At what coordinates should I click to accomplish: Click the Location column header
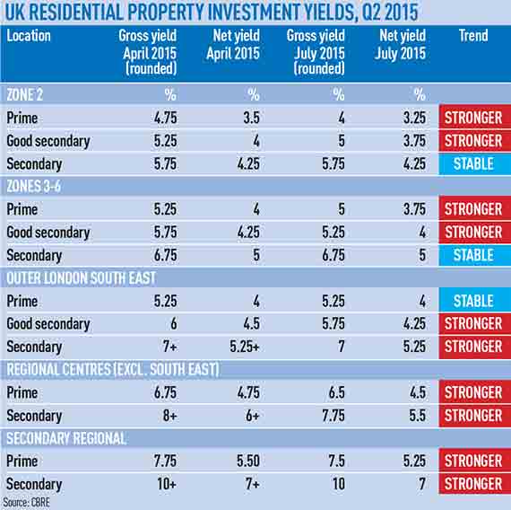pyautogui.click(x=29, y=36)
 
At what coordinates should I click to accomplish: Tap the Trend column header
pyautogui.click(x=473, y=35)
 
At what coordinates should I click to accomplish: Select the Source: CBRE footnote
pyautogui.click(x=26, y=503)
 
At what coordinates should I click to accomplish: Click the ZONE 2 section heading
pyautogui.click(x=25, y=94)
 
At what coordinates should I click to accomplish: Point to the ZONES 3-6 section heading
pyautogui.click(x=33, y=186)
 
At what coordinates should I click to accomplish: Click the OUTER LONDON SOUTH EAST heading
pyautogui.click(x=82, y=277)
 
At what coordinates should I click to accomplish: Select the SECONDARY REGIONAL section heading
pyautogui.click(x=66, y=438)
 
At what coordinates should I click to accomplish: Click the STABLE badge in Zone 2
pyautogui.click(x=474, y=163)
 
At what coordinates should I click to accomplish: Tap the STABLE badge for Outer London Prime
pyautogui.click(x=474, y=301)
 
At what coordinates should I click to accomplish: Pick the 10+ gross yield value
pyautogui.click(x=167, y=484)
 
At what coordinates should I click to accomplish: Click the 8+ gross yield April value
pyautogui.click(x=169, y=416)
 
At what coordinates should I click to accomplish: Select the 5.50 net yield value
pyautogui.click(x=248, y=461)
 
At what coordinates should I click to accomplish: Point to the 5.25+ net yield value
pyautogui.click(x=245, y=347)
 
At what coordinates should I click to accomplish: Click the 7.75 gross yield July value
pyautogui.click(x=333, y=416)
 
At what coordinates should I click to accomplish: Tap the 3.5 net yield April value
pyautogui.click(x=252, y=118)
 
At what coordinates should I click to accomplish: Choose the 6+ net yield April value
pyautogui.click(x=253, y=416)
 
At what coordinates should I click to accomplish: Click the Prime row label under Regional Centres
pyautogui.click(x=22, y=392)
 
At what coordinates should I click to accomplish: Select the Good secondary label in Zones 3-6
pyautogui.click(x=48, y=233)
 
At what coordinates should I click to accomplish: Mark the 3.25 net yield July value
pyautogui.click(x=414, y=118)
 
